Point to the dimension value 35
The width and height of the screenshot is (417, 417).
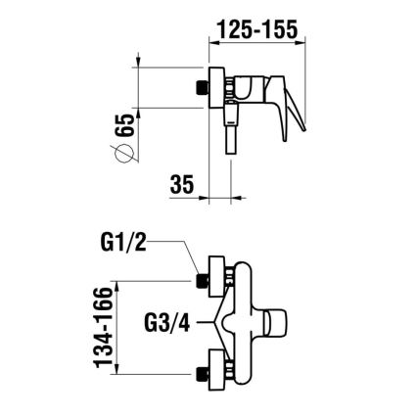[179, 184]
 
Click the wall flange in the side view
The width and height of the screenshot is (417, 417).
[218, 88]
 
